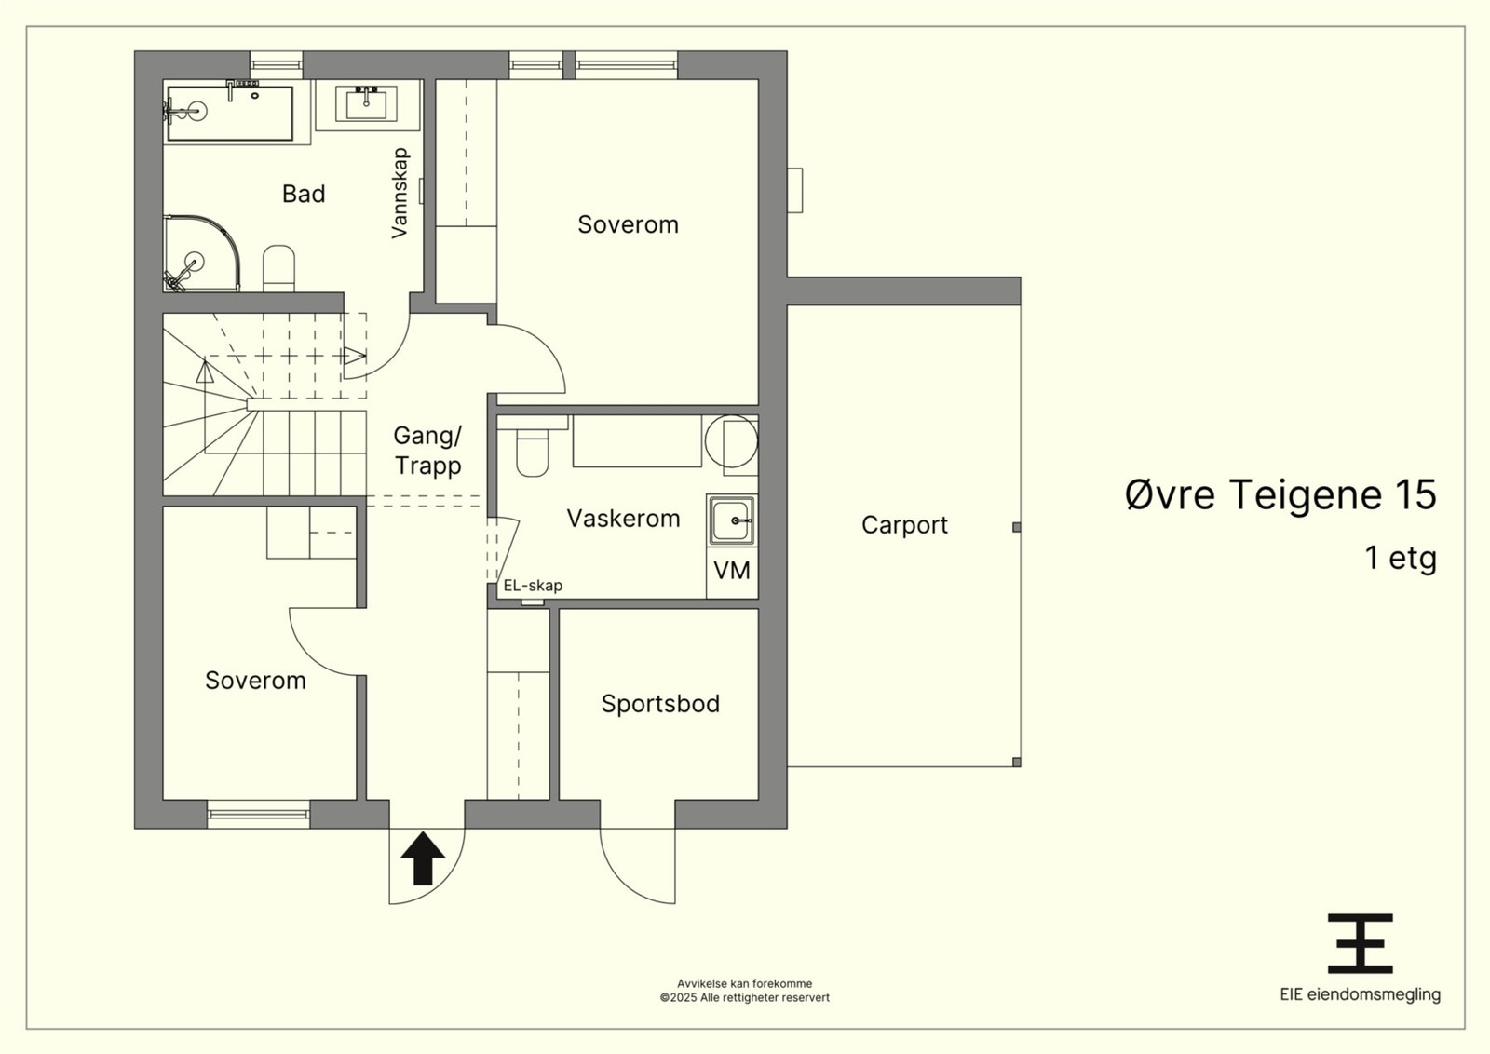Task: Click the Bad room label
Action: pyautogui.click(x=304, y=195)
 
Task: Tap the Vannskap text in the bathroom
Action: pyautogui.click(x=400, y=193)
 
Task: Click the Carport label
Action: pyautogui.click(x=904, y=525)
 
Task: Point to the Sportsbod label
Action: pyautogui.click(x=660, y=704)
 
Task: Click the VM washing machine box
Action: pyautogui.click(x=732, y=571)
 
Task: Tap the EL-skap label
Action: pyautogui.click(x=533, y=586)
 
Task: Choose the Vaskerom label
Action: pyautogui.click(x=623, y=519)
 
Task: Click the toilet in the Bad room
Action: pyautogui.click(x=278, y=269)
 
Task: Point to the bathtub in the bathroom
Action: pyautogui.click(x=229, y=113)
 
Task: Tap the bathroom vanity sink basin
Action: pyautogui.click(x=367, y=104)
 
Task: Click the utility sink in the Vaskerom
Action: pyautogui.click(x=732, y=520)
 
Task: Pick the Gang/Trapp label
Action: pyautogui.click(x=427, y=452)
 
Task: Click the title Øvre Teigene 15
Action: pyautogui.click(x=1280, y=494)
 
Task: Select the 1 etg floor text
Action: pyautogui.click(x=1401, y=558)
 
